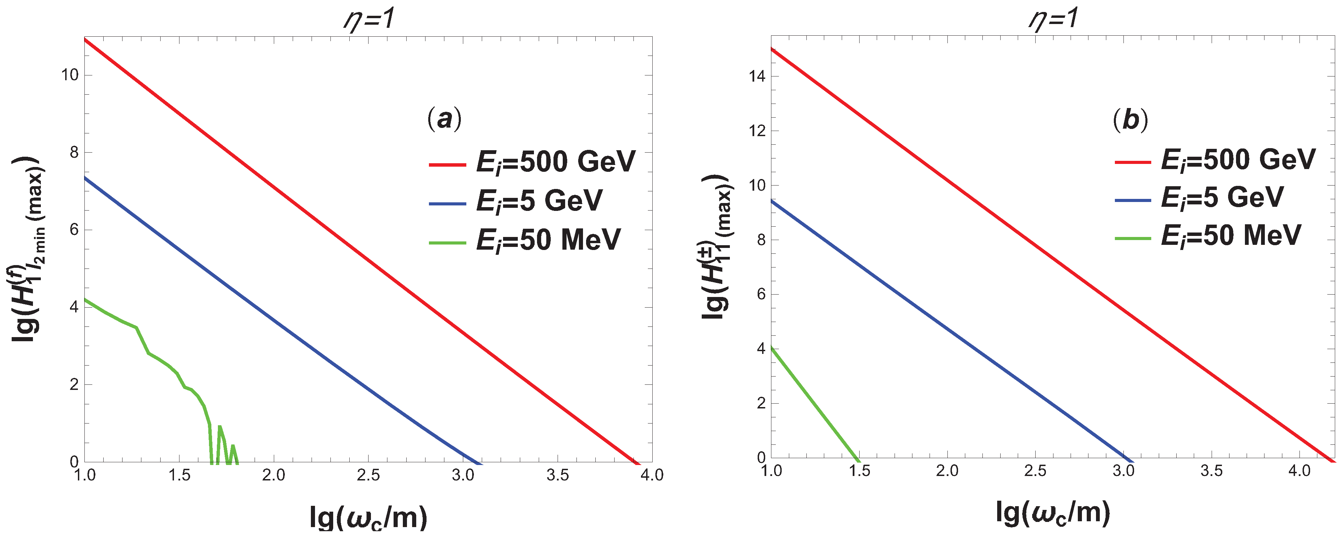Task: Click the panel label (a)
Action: click(x=444, y=120)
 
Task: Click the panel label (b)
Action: click(x=1130, y=120)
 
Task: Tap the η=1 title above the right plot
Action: click(x=1054, y=20)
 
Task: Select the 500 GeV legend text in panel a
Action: click(x=556, y=162)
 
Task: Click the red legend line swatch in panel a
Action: click(x=447, y=165)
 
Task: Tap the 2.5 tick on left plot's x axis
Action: click(x=368, y=475)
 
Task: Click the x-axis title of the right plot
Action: click(x=1053, y=513)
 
